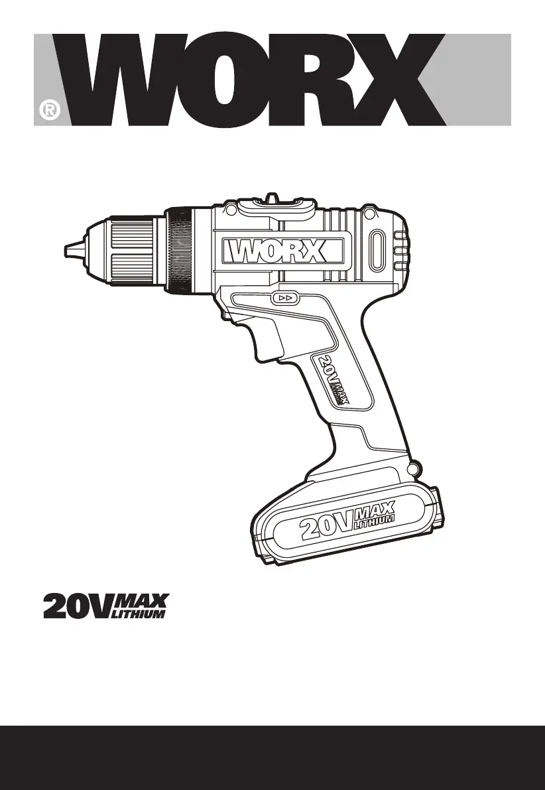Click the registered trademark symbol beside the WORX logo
(x=49, y=110)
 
